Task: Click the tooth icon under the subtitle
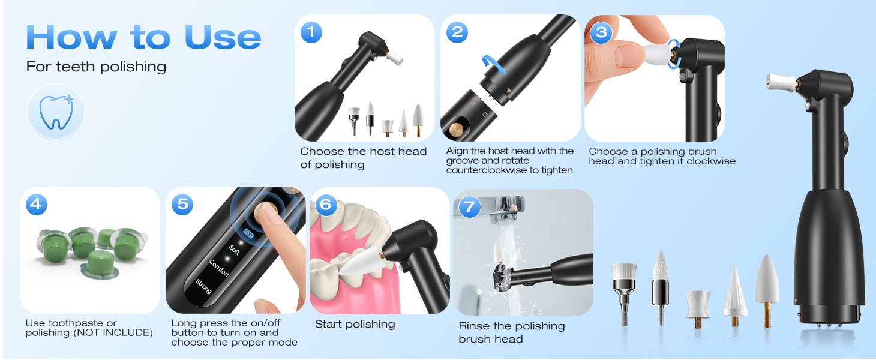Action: click(56, 112)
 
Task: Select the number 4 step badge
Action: click(37, 204)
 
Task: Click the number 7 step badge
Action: click(469, 207)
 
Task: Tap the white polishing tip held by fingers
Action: click(656, 54)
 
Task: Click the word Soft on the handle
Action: click(234, 250)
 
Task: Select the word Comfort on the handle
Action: click(219, 268)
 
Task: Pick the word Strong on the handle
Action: click(203, 287)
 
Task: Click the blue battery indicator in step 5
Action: click(248, 233)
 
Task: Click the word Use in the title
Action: click(223, 37)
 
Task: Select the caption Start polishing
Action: click(355, 325)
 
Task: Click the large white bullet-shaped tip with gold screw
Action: click(767, 290)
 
